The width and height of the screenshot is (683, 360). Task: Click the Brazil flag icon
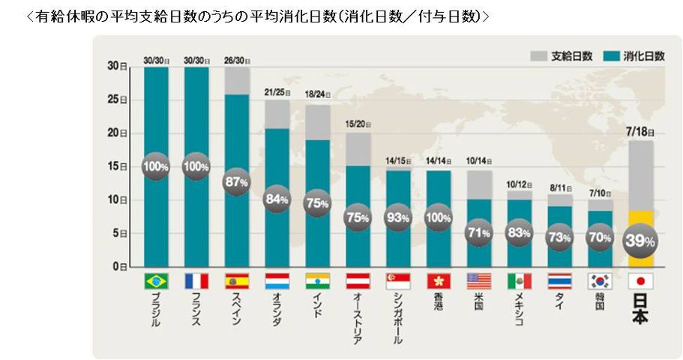156,281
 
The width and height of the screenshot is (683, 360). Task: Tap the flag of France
196,281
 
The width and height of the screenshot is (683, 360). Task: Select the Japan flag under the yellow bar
640,281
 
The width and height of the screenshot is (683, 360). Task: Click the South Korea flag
600,281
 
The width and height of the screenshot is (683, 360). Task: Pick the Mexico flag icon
519,281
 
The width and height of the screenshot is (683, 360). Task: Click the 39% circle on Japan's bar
640,241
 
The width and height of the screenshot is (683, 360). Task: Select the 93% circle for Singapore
398,218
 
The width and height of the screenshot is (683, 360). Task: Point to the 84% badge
277,199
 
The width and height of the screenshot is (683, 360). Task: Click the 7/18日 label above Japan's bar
640,130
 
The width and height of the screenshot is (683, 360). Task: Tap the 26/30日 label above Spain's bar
237,61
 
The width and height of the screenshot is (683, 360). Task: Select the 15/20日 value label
358,122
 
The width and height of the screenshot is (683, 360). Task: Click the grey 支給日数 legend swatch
538,55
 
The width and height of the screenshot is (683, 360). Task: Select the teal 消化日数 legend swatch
609,55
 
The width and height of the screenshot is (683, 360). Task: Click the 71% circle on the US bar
478,232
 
